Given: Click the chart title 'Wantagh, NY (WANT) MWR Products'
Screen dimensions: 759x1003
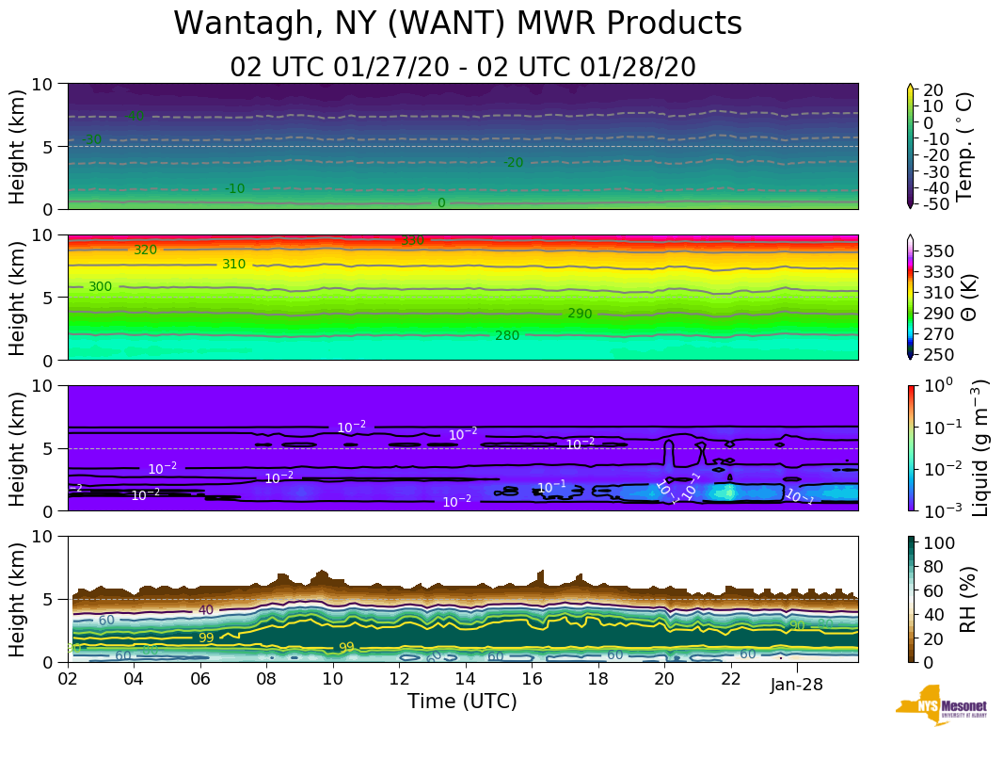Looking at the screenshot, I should [458, 24].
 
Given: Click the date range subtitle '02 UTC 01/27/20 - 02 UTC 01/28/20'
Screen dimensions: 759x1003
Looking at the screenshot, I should [462, 67].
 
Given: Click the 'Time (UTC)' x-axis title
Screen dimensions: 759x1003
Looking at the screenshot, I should [462, 702].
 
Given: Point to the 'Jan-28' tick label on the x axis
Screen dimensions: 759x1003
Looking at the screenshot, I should [796, 685].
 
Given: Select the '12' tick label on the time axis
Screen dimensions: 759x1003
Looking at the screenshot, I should [399, 679].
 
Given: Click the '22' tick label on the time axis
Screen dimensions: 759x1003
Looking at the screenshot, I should [731, 679].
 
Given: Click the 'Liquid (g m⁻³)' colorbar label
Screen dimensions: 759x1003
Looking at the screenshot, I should [979, 447].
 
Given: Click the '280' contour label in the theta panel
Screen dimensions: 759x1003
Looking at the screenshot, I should [507, 335].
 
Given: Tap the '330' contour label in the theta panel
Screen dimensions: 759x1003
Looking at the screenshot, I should [412, 241].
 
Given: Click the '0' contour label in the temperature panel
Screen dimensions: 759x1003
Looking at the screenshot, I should [440, 203].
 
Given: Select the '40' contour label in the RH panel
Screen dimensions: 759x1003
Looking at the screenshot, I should [206, 610].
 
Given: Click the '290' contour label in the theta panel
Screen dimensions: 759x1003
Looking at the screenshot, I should [580, 314].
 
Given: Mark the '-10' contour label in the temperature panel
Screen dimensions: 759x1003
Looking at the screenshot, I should [234, 189].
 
